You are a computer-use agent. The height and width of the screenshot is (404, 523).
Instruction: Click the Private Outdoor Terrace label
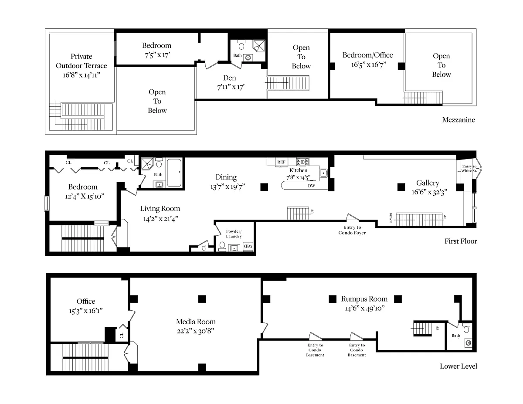[82, 61]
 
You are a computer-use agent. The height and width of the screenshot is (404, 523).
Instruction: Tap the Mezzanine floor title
[458, 120]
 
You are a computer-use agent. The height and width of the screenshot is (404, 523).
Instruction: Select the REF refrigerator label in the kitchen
[281, 162]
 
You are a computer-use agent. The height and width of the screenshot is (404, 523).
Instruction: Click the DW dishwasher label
[312, 186]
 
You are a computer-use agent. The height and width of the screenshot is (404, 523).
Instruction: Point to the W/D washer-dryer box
[248, 246]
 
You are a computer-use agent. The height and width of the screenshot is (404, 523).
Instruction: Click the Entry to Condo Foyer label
[352, 230]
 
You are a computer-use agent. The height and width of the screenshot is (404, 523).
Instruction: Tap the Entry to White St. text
[469, 168]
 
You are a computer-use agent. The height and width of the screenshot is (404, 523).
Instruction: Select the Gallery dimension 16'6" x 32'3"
[429, 192]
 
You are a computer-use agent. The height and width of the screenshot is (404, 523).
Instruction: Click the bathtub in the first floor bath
[174, 172]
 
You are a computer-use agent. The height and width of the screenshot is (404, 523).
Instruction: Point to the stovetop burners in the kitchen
[303, 161]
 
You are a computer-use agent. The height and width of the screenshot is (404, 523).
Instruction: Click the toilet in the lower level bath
[466, 328]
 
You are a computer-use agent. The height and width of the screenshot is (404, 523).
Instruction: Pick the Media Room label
[196, 322]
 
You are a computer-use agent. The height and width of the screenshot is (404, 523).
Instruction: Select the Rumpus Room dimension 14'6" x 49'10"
[365, 308]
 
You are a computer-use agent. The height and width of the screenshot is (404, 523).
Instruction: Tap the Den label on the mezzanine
[229, 78]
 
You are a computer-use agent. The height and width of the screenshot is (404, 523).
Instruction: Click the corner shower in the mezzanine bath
[259, 45]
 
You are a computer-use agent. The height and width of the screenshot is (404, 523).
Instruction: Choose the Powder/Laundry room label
[234, 234]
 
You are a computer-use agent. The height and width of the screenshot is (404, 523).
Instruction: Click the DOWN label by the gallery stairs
[391, 218]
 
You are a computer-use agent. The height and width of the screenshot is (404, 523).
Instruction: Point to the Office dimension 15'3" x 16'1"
[86, 311]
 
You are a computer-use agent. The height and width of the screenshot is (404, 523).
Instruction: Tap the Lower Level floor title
[458, 366]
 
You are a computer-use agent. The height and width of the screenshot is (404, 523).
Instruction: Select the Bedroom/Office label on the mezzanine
[367, 55]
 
